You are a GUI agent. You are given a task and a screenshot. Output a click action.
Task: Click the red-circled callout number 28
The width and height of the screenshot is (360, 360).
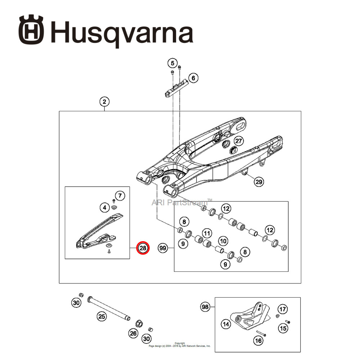pos(143,248)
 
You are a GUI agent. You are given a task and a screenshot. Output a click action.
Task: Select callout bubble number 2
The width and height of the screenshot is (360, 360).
pos(104,102)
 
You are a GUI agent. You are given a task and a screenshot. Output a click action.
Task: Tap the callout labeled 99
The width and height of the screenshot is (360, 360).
pos(163,248)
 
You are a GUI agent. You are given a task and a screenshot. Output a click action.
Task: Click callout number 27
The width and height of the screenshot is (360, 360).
pos(239,141)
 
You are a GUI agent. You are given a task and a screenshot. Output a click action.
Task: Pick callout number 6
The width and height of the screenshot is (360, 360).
pos(193,78)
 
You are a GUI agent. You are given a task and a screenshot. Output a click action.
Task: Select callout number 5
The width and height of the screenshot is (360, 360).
pos(172,63)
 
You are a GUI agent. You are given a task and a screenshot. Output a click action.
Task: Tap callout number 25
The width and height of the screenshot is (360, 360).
pos(102,316)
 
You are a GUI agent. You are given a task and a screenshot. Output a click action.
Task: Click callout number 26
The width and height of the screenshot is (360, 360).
pos(134,333)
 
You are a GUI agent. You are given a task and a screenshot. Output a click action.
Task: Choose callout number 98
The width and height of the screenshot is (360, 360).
pos(205,307)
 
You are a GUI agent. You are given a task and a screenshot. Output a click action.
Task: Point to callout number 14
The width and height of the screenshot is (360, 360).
pos(226,324)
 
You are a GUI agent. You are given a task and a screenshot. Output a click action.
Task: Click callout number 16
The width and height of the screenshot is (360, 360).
pos(258,340)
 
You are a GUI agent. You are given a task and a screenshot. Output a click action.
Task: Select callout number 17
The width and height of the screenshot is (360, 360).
pos(283,309)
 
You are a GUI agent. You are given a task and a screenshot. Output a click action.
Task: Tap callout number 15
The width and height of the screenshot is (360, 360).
pos(283,328)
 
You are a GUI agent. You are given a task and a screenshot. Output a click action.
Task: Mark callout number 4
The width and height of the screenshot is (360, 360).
pos(104,207)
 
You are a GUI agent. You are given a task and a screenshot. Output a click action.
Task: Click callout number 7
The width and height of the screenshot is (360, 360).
pos(120,196)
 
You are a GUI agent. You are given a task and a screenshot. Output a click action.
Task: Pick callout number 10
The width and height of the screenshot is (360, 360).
pos(223,241)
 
